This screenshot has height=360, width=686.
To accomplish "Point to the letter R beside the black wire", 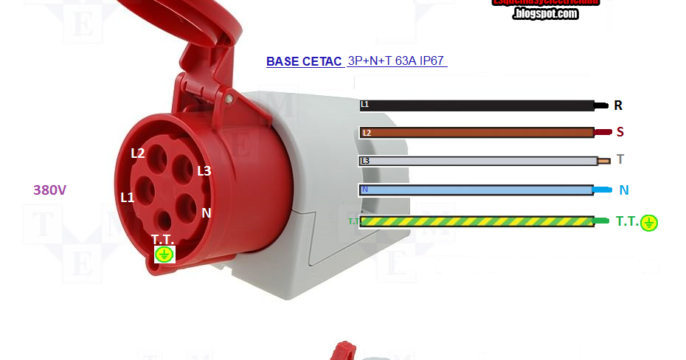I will [x=618, y=105].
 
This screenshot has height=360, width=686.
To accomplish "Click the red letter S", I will [x=620, y=132].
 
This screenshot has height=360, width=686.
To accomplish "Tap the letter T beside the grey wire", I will [x=620, y=159].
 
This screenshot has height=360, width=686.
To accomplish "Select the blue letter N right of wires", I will [x=623, y=190].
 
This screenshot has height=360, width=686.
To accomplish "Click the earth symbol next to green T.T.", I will [x=649, y=223].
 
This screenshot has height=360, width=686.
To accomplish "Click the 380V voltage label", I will [x=50, y=190].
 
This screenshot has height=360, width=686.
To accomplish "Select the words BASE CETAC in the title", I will [x=304, y=61].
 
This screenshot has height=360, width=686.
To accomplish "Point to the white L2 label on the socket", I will [x=138, y=153].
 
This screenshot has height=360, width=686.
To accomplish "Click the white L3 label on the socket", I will [x=204, y=170].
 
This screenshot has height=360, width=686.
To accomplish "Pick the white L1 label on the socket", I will [x=128, y=197].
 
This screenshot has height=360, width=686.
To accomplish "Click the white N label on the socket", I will [x=207, y=212].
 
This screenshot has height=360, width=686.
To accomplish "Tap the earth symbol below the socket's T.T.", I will [x=164, y=255].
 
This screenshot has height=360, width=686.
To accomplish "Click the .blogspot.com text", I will [x=545, y=13].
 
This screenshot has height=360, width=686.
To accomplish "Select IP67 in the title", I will [x=432, y=60].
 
